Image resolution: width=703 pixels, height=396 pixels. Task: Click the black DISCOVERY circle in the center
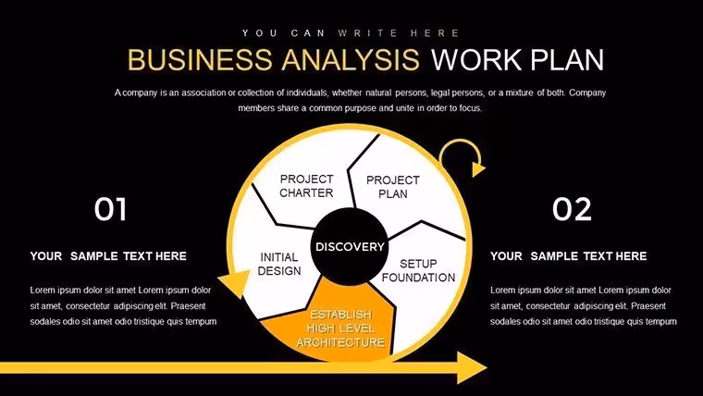(350, 247)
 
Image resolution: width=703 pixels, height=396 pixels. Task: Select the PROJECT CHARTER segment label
(307, 186)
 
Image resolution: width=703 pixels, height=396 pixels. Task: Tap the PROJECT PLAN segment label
(393, 187)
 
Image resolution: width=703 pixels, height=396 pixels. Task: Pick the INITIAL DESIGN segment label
(278, 264)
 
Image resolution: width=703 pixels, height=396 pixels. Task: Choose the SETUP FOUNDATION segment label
(418, 270)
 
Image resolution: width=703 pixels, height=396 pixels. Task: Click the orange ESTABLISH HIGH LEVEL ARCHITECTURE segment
(334, 323)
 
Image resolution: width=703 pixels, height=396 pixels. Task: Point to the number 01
(110, 209)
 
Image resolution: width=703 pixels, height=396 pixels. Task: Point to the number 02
(572, 209)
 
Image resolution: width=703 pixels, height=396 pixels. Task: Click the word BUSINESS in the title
(200, 59)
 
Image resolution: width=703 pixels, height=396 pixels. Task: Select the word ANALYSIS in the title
(351, 59)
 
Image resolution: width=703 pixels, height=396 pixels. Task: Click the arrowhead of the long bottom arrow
(472, 367)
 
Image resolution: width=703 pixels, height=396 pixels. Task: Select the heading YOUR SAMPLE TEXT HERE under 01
(108, 256)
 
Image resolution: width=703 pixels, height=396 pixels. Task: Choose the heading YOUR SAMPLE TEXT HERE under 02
(568, 256)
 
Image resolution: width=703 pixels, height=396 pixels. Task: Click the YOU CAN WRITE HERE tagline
(351, 33)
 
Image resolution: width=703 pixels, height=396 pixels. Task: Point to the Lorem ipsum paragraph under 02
(584, 306)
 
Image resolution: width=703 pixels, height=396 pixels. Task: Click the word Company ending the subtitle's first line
(587, 93)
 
